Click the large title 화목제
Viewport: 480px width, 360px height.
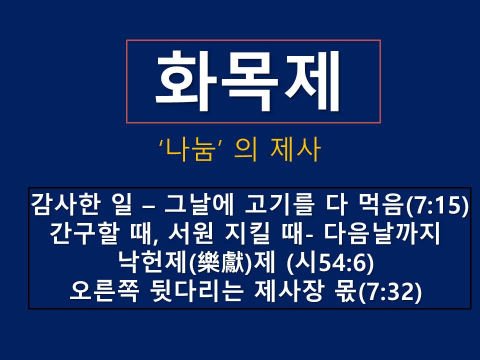coord(248,80)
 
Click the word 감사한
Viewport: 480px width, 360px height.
coord(65,204)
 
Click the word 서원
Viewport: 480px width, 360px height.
coord(190,233)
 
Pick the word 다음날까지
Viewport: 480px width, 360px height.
coord(381,233)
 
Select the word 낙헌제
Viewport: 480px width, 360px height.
coord(153,262)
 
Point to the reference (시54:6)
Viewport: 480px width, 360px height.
coord(330,262)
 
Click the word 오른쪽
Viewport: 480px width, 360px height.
coord(104,291)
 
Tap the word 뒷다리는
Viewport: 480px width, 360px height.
coord(196,291)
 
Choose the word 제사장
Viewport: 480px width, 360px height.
coord(288,291)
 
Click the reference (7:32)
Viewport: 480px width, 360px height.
coord(390,291)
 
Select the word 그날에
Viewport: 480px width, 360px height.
coord(199,204)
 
